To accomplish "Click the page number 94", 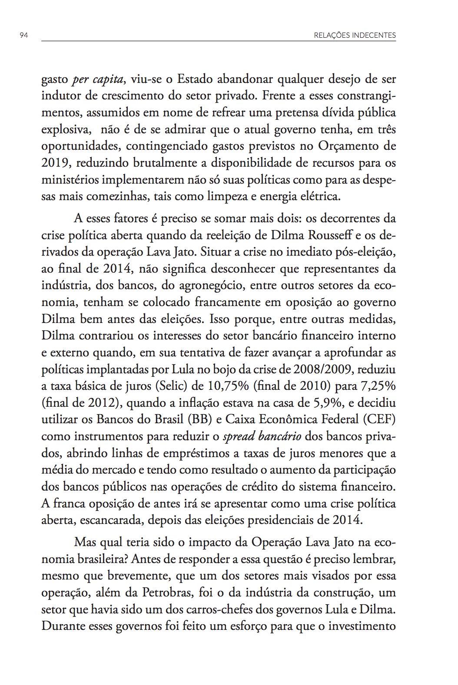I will coord(24,35).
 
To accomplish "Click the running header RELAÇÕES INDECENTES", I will coord(355,35).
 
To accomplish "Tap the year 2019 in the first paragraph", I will coord(56,163).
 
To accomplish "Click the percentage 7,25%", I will coord(377,386).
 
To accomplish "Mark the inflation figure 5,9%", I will coord(328,403).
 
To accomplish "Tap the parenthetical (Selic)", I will coord(171,386).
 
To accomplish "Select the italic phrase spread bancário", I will coord(262,436).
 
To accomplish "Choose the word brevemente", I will coord(139,576).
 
